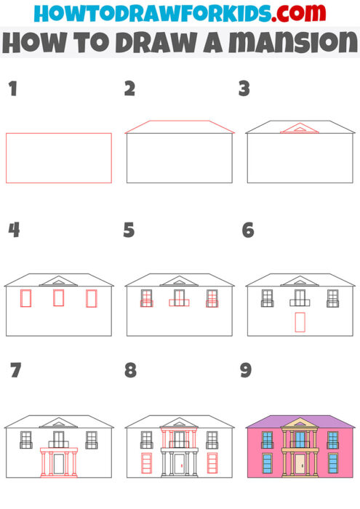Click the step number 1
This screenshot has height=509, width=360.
[x=12, y=89]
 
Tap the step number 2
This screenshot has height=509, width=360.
[x=129, y=89]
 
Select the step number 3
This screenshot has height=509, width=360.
[x=244, y=89]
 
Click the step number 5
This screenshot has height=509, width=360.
[x=129, y=231]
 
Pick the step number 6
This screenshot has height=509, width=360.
[x=247, y=231]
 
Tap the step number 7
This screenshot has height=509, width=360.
[x=15, y=370]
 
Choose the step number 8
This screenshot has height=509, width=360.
[x=130, y=370]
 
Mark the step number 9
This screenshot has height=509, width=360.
[x=246, y=370]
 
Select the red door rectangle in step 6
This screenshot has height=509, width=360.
[x=300, y=322]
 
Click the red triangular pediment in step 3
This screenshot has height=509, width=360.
[x=295, y=129]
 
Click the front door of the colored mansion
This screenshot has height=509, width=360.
[x=300, y=463]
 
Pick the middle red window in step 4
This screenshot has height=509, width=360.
[x=59, y=298]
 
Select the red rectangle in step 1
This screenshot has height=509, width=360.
[x=59, y=158]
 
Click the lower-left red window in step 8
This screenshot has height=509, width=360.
[x=146, y=463]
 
